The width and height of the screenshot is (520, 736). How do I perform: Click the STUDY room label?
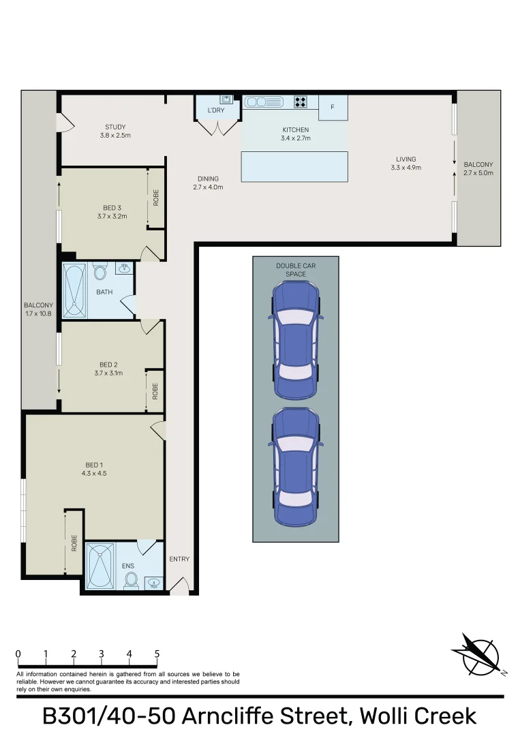(115, 127)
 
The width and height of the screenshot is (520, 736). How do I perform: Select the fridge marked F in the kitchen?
(333, 107)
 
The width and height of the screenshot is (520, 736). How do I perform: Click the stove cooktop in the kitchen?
(301, 102)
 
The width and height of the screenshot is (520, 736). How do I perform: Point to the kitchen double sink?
(264, 102)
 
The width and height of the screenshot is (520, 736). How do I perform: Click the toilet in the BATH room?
(100, 273)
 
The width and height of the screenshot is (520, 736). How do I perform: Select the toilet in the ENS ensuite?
(132, 580)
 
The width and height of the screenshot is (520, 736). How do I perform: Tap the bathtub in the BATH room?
(74, 291)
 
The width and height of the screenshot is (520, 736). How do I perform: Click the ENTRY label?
(179, 559)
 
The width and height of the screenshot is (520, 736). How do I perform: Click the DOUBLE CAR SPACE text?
(296, 269)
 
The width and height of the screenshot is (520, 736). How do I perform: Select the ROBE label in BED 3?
(156, 198)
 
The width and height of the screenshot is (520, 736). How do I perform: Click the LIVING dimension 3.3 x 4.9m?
(406, 168)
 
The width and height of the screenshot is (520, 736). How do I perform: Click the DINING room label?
(208, 179)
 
